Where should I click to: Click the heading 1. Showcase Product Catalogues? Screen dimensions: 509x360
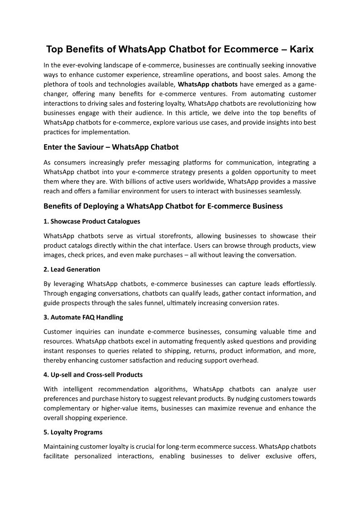coord(92,221)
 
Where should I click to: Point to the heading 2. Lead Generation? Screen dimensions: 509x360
coord(72,269)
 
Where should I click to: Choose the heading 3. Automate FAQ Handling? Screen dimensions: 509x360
coord(83,317)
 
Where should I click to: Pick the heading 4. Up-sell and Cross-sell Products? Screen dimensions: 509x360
coord(93,374)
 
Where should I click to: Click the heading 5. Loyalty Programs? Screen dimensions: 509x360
coord(73,432)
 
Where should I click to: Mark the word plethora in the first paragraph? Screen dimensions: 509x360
coord(56,84)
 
